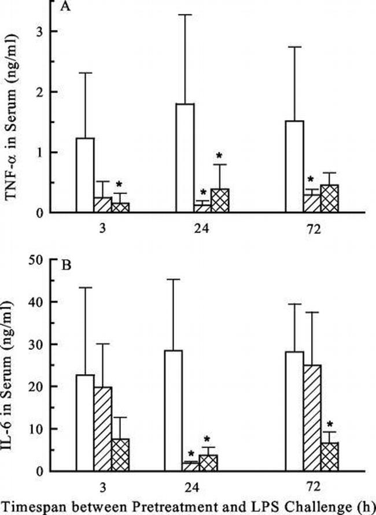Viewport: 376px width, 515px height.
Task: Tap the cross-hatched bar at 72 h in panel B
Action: click(329, 457)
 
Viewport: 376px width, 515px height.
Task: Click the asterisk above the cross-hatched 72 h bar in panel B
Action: click(330, 424)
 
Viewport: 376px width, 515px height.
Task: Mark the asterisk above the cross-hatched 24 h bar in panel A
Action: click(220, 156)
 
